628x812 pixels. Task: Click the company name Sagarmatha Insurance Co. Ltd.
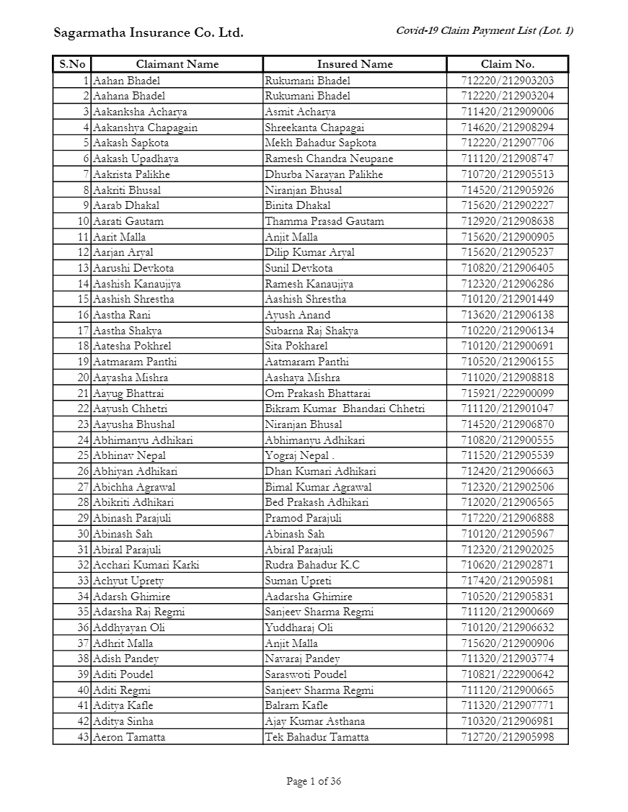coord(149,32)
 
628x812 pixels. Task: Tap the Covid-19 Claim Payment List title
coord(485,30)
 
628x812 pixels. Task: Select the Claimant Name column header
coord(177,64)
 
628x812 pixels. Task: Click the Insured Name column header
coord(355,64)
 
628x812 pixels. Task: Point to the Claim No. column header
coord(508,64)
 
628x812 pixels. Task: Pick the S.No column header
coord(72,64)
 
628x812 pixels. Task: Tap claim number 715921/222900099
coord(508,393)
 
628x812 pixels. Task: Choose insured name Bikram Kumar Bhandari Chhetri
coord(345,409)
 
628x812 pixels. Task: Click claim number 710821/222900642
coord(508,674)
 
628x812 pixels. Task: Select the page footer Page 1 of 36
coord(314,781)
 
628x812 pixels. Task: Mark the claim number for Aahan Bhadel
coord(508,81)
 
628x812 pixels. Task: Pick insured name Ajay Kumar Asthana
coord(315,721)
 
